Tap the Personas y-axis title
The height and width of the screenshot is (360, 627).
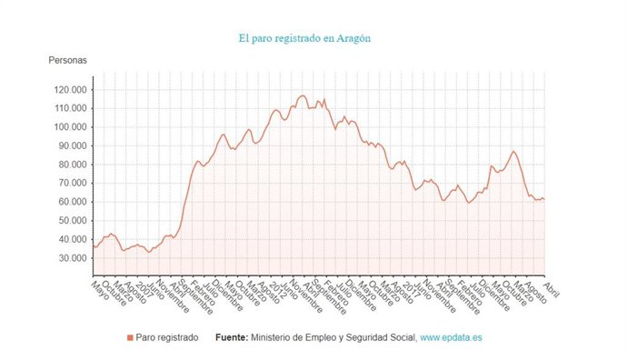pyautogui.click(x=68, y=61)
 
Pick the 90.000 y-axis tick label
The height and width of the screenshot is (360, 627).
pyautogui.click(x=71, y=145)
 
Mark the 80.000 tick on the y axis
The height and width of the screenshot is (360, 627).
pyautogui.click(x=71, y=165)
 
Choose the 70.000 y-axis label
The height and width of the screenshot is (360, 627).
pyautogui.click(x=71, y=183)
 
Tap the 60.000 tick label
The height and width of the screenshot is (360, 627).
pyautogui.click(x=71, y=202)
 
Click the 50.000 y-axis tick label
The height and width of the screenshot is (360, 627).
pyautogui.click(x=71, y=220)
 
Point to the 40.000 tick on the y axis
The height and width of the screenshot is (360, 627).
pyautogui.click(x=71, y=239)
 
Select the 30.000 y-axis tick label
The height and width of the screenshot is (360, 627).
pyautogui.click(x=71, y=258)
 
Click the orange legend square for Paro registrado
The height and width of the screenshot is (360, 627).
pyautogui.click(x=130, y=337)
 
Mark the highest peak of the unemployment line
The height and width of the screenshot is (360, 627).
pyautogui.click(x=303, y=95)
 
